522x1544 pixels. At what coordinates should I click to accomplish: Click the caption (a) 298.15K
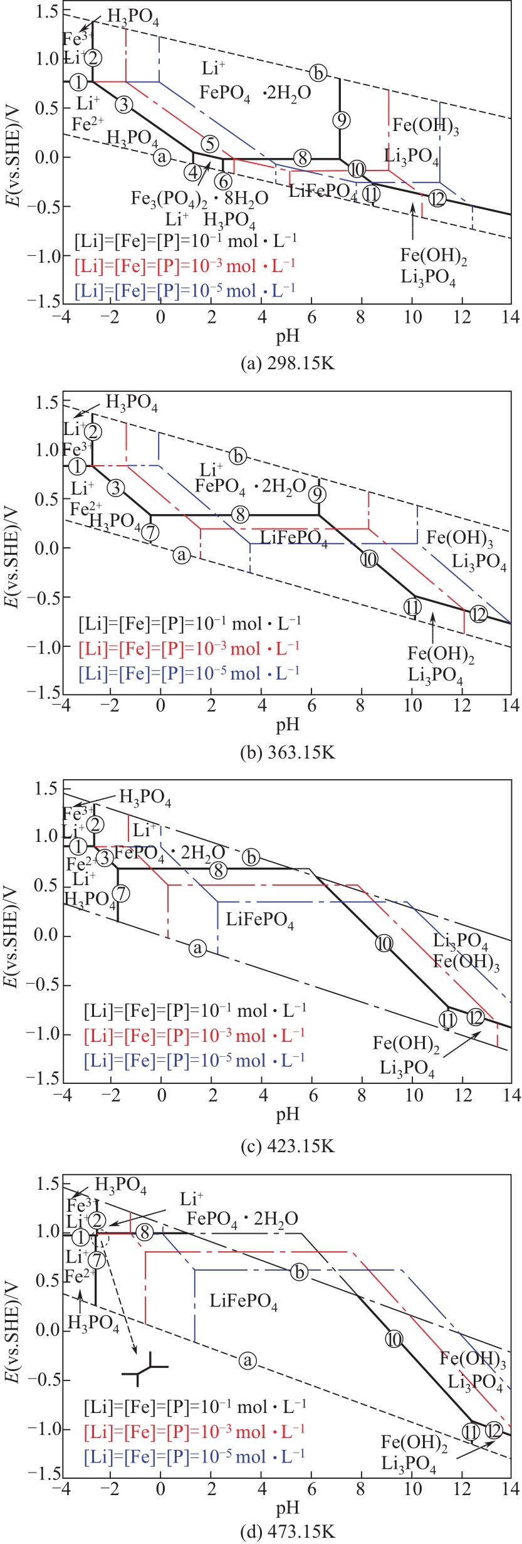[x=288, y=363]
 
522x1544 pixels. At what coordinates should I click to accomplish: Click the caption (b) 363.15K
[x=288, y=752]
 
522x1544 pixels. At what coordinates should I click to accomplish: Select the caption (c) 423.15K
[x=288, y=1146]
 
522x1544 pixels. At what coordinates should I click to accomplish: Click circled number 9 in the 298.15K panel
[x=341, y=119]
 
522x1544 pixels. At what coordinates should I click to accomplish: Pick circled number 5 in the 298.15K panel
[x=210, y=144]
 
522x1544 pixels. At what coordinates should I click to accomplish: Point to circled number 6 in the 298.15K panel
[x=223, y=181]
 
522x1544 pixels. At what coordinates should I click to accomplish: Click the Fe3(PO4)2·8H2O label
[x=199, y=198]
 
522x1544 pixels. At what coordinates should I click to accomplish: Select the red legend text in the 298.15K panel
[x=185, y=266]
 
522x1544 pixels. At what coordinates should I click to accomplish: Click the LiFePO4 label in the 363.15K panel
[x=294, y=538]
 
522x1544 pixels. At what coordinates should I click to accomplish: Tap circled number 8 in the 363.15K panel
[x=239, y=515]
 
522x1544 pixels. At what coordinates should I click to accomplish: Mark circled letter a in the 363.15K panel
[x=182, y=555]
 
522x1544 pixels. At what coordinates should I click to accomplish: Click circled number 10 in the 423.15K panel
[x=384, y=942]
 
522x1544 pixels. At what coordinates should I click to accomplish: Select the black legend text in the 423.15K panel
[x=195, y=1010]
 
